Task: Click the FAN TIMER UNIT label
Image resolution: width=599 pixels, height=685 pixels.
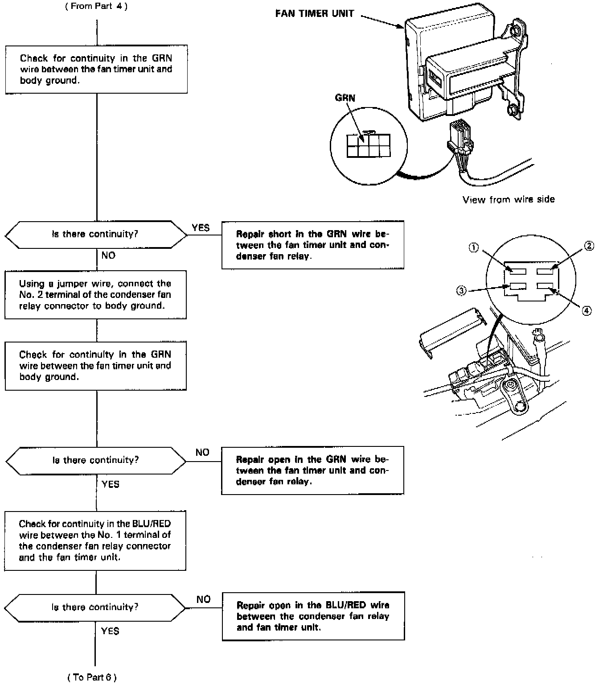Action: pyautogui.click(x=315, y=13)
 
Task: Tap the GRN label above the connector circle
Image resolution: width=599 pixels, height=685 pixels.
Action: pyautogui.click(x=345, y=98)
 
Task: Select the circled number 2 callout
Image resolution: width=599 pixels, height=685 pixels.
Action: pyautogui.click(x=589, y=246)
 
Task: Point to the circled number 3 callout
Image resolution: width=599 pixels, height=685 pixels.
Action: pyautogui.click(x=461, y=291)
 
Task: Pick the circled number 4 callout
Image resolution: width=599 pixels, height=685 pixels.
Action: pyautogui.click(x=587, y=310)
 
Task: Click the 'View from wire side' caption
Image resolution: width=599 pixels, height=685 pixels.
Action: pyautogui.click(x=509, y=200)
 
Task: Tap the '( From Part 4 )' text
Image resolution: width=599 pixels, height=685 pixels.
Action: pyautogui.click(x=96, y=7)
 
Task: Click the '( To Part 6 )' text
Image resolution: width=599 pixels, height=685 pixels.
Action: pyautogui.click(x=92, y=677)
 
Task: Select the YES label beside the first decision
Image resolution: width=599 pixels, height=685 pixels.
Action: pyautogui.click(x=201, y=228)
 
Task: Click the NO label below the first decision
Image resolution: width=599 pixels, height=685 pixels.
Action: pyautogui.click(x=108, y=256)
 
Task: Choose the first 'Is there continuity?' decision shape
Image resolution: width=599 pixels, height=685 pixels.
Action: pyautogui.click(x=96, y=234)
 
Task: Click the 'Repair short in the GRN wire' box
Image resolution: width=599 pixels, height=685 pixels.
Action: pyautogui.click(x=312, y=245)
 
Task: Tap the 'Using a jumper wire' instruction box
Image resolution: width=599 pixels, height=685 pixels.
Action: pyautogui.click(x=95, y=294)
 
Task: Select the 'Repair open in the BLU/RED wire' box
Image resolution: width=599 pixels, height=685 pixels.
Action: pyautogui.click(x=313, y=616)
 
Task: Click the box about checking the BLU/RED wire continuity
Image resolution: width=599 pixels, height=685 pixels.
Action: pyautogui.click(x=95, y=541)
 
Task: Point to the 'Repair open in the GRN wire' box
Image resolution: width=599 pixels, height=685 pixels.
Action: pyautogui.click(x=312, y=470)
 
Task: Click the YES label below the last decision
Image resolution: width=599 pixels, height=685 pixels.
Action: pyautogui.click(x=110, y=631)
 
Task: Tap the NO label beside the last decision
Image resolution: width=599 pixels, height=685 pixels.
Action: pyautogui.click(x=203, y=599)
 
